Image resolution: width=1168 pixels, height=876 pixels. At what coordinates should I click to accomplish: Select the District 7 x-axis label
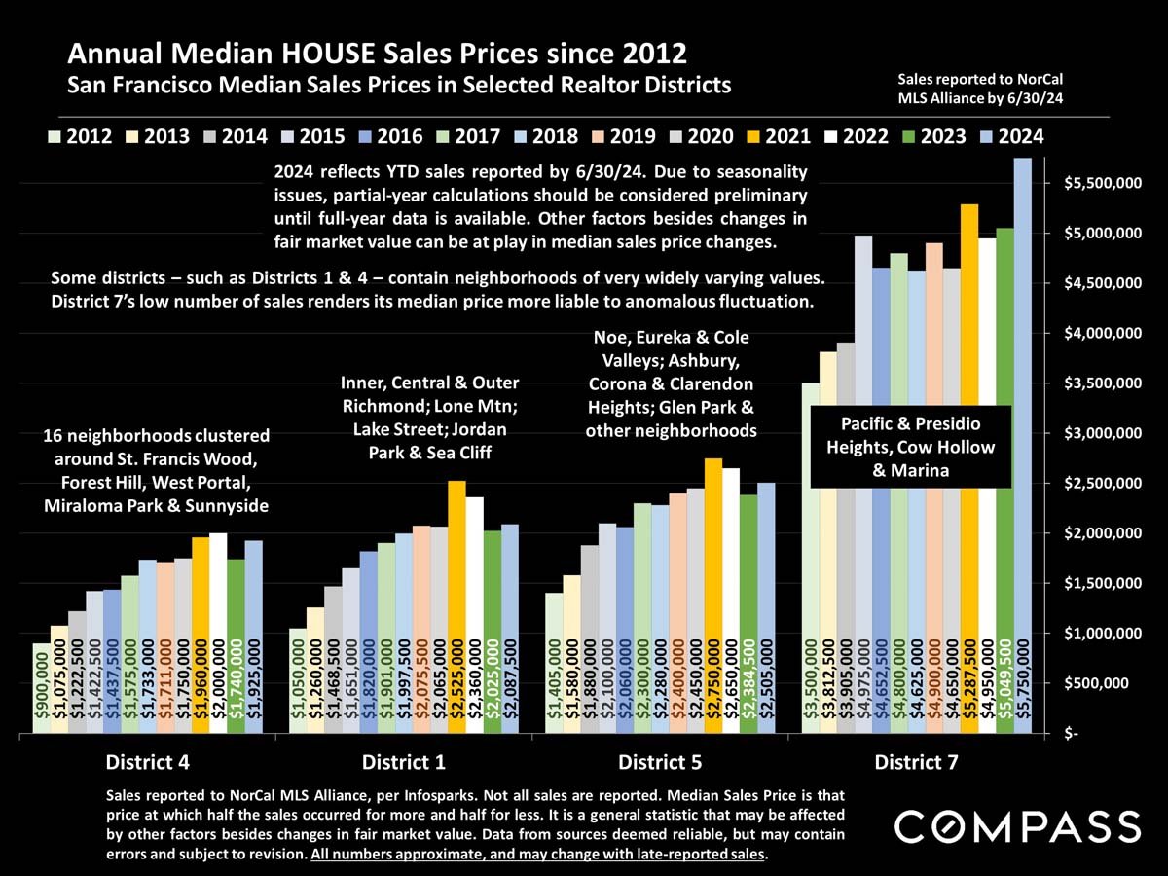click(915, 761)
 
